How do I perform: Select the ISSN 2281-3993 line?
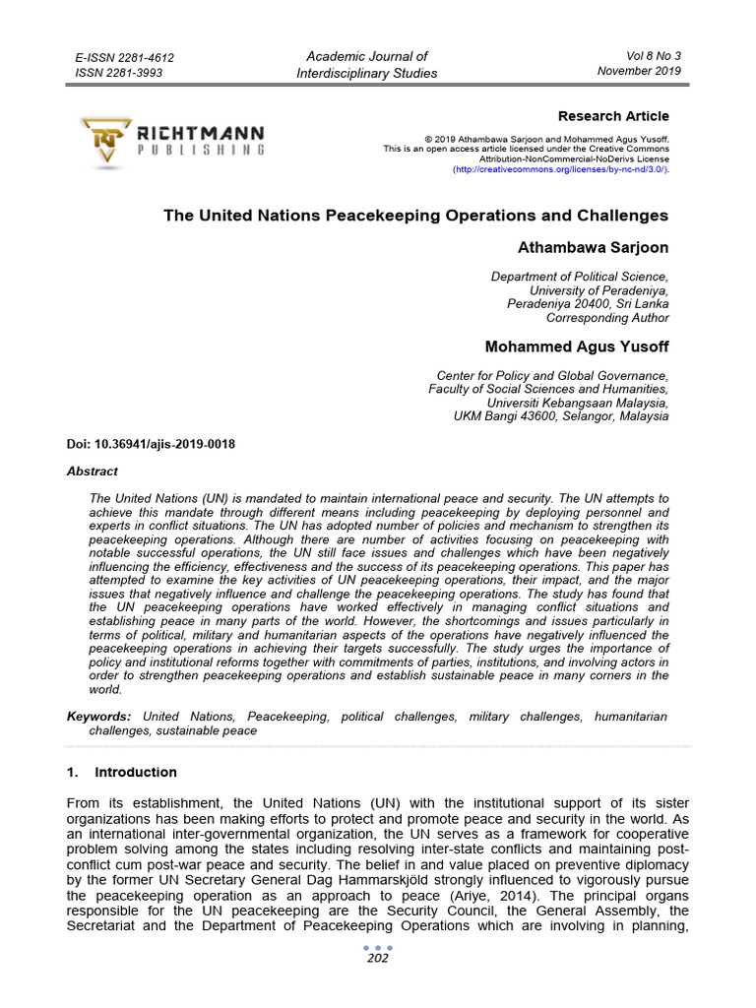tap(119, 73)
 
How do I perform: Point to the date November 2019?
tap(639, 71)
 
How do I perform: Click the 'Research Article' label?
tap(613, 116)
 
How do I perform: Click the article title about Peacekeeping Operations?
tap(415, 216)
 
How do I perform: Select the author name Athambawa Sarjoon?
tap(593, 247)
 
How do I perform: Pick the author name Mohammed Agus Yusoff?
tap(577, 346)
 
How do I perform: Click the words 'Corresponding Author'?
tap(607, 318)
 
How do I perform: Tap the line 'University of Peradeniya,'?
tap(598, 290)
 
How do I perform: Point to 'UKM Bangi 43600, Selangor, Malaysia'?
tap(560, 416)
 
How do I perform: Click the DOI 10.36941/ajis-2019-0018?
tap(151, 445)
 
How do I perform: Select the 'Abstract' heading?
tap(92, 472)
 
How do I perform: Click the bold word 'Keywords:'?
tap(98, 717)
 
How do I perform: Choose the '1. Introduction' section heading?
tap(122, 772)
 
